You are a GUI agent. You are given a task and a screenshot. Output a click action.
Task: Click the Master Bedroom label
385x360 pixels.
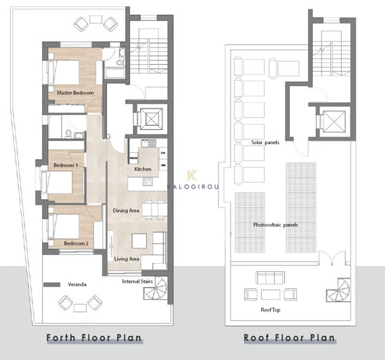pos(75,92)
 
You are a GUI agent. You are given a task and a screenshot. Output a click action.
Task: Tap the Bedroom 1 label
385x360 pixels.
pos(66,165)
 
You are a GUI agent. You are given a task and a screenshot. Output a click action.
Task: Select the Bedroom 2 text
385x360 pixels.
pos(76,243)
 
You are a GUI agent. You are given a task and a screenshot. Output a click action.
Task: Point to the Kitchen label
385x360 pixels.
pos(143,169)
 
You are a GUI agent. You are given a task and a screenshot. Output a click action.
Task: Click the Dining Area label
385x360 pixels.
pos(126,211)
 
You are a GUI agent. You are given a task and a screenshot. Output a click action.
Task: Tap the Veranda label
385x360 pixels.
pos(77,285)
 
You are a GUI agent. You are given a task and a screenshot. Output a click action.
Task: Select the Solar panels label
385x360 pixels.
pos(265,143)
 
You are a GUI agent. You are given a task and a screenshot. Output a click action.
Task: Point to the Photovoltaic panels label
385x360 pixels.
pos(276,225)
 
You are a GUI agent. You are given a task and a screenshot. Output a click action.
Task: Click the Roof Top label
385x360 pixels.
pos(271,310)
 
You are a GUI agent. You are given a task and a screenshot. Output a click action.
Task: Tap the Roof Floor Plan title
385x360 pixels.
pos(290,338)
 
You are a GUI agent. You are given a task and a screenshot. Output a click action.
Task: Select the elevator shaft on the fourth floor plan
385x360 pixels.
pos(150,119)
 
